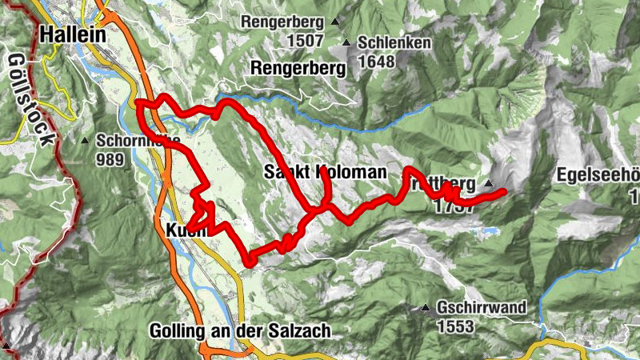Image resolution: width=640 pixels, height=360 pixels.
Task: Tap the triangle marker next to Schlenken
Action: click(x=346, y=43)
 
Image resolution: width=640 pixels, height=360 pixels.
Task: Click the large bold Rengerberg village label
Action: click(x=298, y=69)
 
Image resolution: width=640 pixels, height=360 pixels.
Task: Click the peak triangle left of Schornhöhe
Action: click(x=85, y=142)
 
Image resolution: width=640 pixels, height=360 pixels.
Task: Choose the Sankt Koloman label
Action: click(x=325, y=173)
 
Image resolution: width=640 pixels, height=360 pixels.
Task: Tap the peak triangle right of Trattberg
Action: click(x=488, y=183)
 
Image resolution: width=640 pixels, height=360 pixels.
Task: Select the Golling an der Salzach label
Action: click(x=239, y=330)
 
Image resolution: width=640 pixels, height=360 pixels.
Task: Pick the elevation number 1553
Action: click(x=457, y=326)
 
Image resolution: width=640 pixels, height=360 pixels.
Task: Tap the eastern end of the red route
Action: click(x=504, y=191)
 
